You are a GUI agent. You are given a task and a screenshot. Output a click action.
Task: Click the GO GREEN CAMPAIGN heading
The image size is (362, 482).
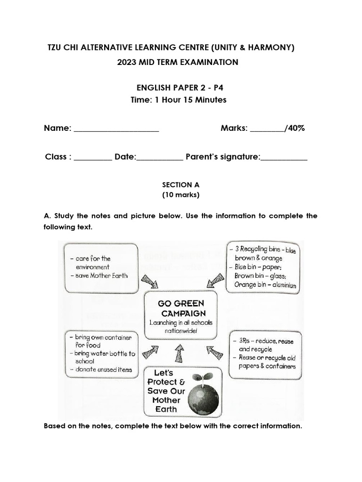pos(181,308)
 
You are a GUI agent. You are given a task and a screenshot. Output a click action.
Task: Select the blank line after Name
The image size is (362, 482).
pos(116,129)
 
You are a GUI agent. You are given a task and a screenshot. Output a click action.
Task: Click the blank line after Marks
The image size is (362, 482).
pos(267,129)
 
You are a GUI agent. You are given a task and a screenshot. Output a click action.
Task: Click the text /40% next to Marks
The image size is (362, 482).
pos(295,128)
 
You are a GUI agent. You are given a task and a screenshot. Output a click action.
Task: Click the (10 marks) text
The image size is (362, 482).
pos(181,194)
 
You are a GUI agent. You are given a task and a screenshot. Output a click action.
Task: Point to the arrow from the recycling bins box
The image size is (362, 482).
pos(214,281)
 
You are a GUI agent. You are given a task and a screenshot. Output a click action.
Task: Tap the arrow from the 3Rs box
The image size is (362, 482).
pos(215,352)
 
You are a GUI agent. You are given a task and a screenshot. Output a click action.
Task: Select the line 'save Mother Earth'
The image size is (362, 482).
pos(101,275)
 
